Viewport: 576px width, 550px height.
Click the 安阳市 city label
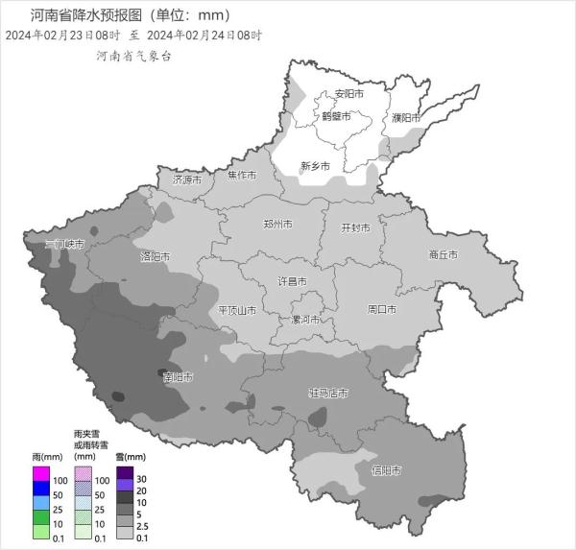[x=348, y=94]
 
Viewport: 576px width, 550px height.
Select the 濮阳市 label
[x=406, y=117]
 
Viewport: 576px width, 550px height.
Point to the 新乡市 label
[x=315, y=165]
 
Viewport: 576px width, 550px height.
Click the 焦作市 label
[x=242, y=176]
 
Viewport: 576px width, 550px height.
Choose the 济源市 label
[x=187, y=179]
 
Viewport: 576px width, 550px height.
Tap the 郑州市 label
[x=277, y=224]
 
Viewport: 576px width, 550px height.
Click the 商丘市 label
[x=443, y=254]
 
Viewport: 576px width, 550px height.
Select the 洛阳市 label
[x=155, y=256]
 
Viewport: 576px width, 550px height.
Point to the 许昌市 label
[x=292, y=281]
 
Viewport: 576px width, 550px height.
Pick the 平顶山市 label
[x=237, y=310]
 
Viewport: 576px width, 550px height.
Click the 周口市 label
[x=382, y=309]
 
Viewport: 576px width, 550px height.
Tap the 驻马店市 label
[x=327, y=393]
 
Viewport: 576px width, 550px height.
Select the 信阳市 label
[x=386, y=470]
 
